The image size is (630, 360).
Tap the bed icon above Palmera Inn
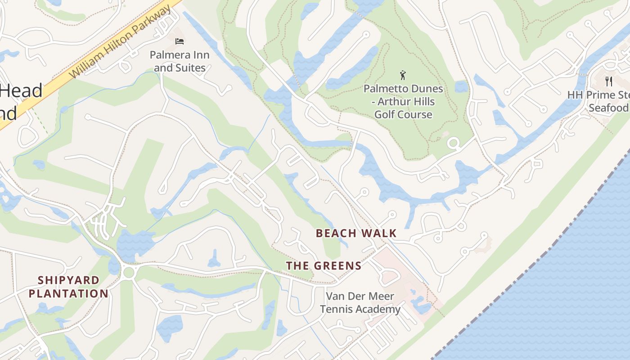pos(180,41)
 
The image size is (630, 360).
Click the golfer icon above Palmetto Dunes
pos(403,75)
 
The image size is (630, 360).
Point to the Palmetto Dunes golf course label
pos(403,102)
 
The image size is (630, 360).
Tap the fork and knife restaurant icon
pos(609,81)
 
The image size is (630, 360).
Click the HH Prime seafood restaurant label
pos(598,101)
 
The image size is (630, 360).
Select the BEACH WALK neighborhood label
pos(356,233)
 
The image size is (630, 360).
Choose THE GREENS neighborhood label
pos(324,266)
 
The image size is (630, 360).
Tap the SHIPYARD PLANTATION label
pos(68,287)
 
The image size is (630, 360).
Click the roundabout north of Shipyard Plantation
pos(128,272)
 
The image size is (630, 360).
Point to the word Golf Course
pos(403,114)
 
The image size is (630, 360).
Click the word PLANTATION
pos(68,294)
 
